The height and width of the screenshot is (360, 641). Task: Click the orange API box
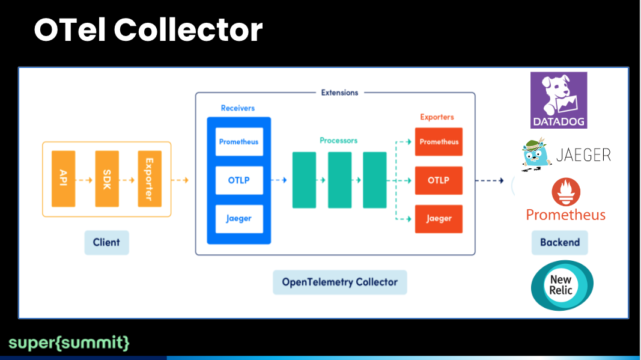pyautogui.click(x=63, y=178)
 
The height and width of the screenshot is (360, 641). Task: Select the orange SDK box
pyautogui.click(x=107, y=178)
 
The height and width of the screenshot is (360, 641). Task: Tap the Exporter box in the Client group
pyautogui.click(x=150, y=178)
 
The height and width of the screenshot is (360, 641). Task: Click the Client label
pyautogui.click(x=107, y=243)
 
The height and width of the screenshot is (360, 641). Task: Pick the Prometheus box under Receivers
pyautogui.click(x=239, y=142)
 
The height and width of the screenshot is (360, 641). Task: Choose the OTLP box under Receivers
pyautogui.click(x=239, y=180)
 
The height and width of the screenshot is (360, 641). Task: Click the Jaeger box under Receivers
pyautogui.click(x=239, y=219)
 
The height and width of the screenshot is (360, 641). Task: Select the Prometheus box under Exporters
pyautogui.click(x=439, y=142)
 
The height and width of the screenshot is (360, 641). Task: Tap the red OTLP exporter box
pyautogui.click(x=439, y=180)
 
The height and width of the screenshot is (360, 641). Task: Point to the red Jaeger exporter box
pyautogui.click(x=439, y=219)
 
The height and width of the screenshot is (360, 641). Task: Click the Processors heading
pyautogui.click(x=338, y=141)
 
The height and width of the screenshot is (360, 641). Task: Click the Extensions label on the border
pyautogui.click(x=339, y=93)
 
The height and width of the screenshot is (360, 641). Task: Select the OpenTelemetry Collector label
pyautogui.click(x=339, y=282)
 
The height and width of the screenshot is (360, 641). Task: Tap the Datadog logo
pyautogui.click(x=559, y=100)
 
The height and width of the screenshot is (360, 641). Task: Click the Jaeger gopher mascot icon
pyautogui.click(x=536, y=154)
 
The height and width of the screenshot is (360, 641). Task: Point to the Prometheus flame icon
pyautogui.click(x=566, y=192)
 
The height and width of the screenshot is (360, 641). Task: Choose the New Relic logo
pyautogui.click(x=562, y=285)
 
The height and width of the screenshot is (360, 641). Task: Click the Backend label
pyautogui.click(x=560, y=243)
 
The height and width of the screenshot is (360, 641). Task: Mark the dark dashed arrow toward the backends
pyautogui.click(x=490, y=180)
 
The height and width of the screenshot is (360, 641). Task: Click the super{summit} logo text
pyautogui.click(x=69, y=343)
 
